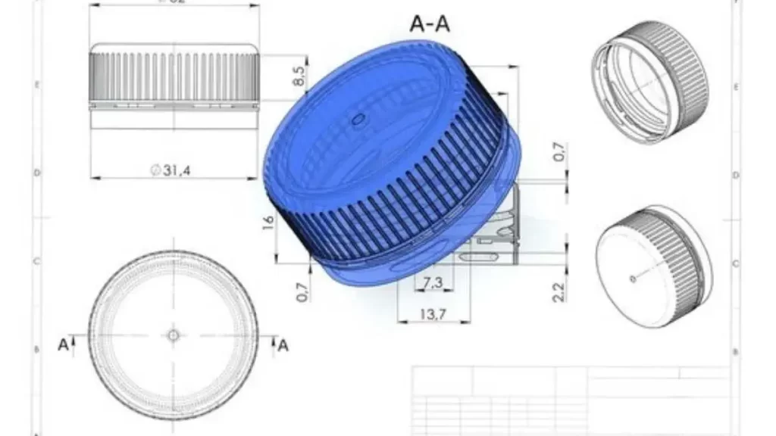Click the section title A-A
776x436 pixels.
click(x=430, y=24)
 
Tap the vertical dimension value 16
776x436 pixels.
click(x=268, y=224)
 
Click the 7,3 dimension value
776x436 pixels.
click(x=433, y=283)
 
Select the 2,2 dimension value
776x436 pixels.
click(x=558, y=292)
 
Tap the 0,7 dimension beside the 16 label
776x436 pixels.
click(x=302, y=291)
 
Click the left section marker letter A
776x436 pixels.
click(x=63, y=344)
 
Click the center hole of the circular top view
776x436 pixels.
click(x=173, y=335)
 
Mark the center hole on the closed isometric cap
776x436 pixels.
click(x=633, y=279)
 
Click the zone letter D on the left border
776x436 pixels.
click(x=36, y=172)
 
